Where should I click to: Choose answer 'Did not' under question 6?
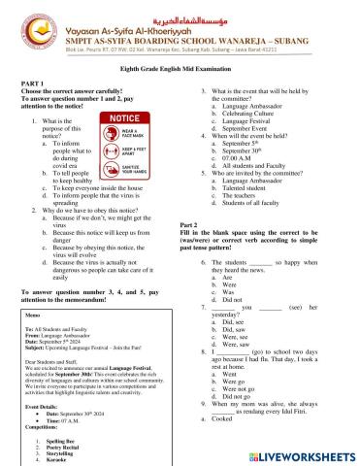pyautogui.click(x=223, y=302)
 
